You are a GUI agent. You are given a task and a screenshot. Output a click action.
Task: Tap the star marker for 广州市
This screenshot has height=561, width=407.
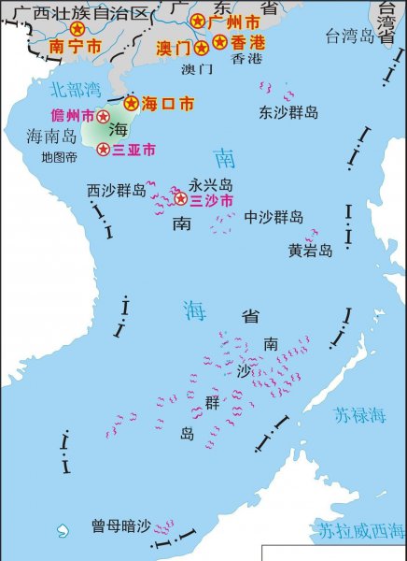point(197,21)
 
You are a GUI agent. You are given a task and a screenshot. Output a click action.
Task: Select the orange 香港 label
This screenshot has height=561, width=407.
point(247,42)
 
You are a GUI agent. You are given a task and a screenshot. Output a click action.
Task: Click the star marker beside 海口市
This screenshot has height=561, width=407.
point(132,103)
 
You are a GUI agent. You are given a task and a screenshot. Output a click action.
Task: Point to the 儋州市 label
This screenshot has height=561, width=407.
point(72,116)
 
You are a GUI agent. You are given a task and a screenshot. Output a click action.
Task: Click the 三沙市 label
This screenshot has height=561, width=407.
point(211,199)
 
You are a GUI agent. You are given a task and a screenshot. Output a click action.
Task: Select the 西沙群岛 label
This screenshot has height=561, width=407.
point(117,190)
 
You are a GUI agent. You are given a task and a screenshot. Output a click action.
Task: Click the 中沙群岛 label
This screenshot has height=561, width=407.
point(274,217)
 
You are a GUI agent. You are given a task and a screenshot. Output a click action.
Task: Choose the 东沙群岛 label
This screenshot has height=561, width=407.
point(288,112)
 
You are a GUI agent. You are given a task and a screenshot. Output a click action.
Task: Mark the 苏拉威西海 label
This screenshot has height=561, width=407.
point(361,532)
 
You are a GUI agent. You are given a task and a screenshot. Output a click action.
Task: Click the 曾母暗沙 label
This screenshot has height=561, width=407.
point(120,526)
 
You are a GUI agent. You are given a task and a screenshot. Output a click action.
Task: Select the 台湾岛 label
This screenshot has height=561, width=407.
point(349,36)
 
